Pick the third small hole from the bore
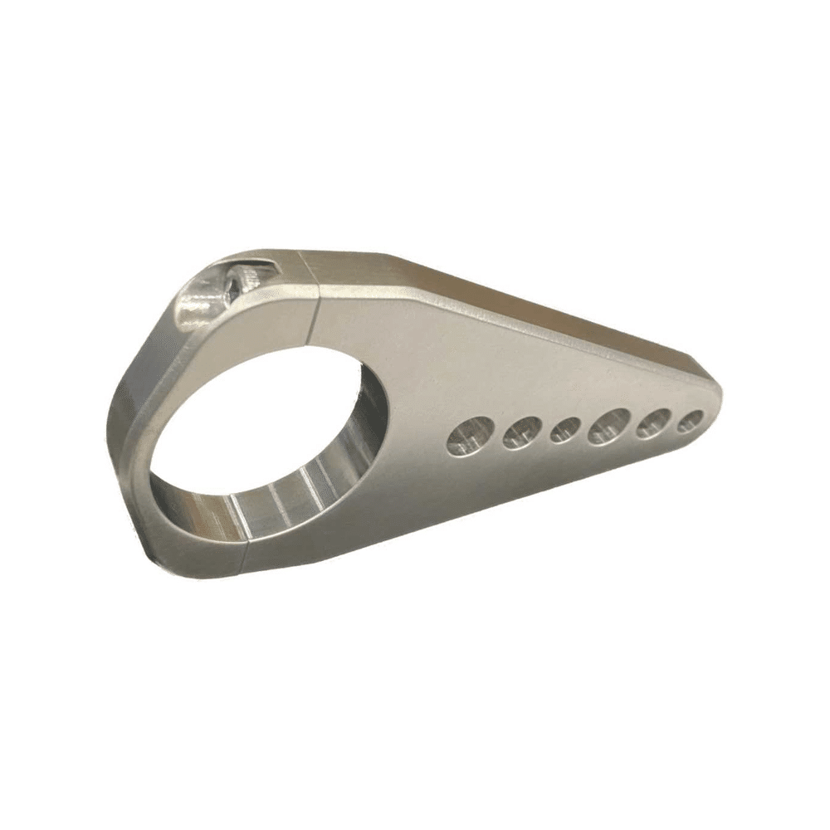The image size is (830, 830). pos(567,428)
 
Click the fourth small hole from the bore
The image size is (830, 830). pos(609,425)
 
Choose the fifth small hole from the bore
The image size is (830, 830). pos(654,422)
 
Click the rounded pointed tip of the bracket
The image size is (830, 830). pos(718,398)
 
